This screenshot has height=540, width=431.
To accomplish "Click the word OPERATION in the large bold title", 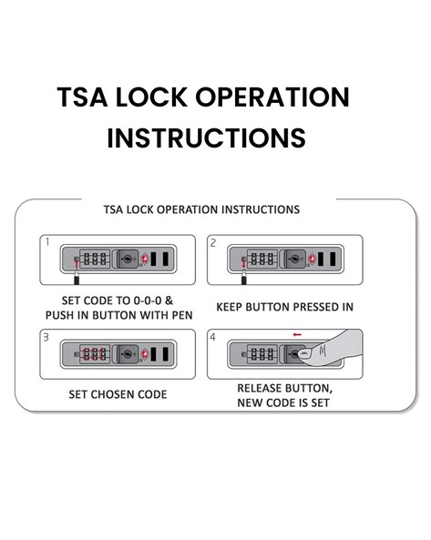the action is point(272,97).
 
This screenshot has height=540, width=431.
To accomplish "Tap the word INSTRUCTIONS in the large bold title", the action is point(206,138).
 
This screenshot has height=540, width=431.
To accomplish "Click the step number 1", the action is point(47,242).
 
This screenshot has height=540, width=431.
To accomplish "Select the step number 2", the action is point(213,243).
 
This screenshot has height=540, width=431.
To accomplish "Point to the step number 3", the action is point(46,337).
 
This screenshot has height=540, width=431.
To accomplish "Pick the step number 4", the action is point(213,337).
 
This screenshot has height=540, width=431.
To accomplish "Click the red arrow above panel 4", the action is point(297,334).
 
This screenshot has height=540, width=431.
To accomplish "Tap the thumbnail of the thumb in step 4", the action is point(305,353).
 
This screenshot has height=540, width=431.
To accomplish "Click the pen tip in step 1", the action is point(77,271).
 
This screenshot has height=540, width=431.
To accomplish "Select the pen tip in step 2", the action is point(244,271).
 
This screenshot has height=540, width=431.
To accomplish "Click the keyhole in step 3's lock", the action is point(128,353).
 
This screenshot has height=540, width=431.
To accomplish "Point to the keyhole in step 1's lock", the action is point(128,259).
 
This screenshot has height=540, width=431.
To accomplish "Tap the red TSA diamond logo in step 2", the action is point(313,259).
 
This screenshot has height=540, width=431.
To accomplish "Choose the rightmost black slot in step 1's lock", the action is point(165,259).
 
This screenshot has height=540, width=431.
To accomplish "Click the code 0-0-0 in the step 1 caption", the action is point(148,301).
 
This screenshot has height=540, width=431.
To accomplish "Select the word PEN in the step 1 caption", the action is point(182,315).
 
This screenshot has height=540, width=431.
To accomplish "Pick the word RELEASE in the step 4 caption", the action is point(259,388).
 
